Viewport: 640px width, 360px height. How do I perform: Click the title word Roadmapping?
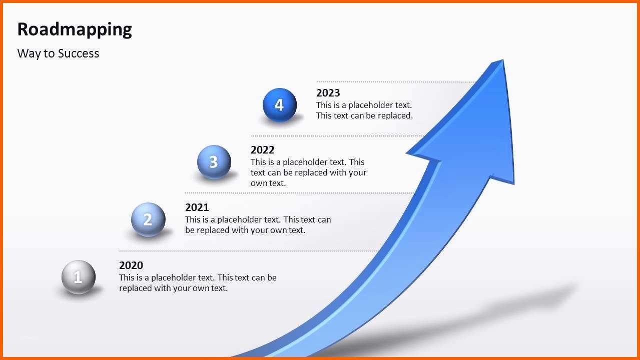75,29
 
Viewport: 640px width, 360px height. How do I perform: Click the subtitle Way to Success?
58,53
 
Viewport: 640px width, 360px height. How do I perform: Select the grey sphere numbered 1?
78,277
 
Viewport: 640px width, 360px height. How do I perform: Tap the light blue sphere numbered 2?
148,219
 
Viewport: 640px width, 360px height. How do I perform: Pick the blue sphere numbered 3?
214,162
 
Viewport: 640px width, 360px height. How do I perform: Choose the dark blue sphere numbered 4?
280,105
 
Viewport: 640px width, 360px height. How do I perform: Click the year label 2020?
131,265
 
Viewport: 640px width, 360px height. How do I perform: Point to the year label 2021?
197,207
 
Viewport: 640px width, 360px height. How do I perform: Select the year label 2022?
263,150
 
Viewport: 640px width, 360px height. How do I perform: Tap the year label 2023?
328,93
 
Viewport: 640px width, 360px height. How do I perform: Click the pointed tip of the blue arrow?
503,60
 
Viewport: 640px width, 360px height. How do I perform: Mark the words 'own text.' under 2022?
268,183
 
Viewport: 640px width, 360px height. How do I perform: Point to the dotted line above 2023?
396,82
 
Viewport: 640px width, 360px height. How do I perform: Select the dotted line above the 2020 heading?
249,251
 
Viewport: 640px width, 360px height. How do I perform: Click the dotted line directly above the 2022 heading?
337,136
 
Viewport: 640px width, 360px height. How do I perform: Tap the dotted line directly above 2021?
299,193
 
